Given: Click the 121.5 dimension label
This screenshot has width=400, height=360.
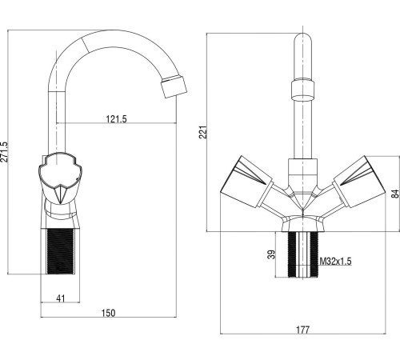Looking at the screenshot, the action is click(x=117, y=118).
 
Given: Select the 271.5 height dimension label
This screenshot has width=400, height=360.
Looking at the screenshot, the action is click(x=5, y=152).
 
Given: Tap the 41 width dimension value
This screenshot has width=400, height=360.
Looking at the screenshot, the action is click(x=61, y=298).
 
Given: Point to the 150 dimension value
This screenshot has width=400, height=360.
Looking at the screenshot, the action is click(x=109, y=313).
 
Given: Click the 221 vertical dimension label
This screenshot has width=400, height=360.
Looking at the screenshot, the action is click(x=203, y=132).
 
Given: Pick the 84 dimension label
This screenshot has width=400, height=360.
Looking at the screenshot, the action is click(x=396, y=194).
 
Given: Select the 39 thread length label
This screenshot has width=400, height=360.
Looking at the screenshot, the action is click(x=271, y=254).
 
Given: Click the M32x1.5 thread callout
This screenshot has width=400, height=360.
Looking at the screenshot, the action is click(x=335, y=262).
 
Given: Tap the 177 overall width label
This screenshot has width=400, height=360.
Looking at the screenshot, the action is click(x=303, y=330).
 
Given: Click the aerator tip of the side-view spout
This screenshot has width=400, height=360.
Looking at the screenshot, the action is click(x=174, y=86).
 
